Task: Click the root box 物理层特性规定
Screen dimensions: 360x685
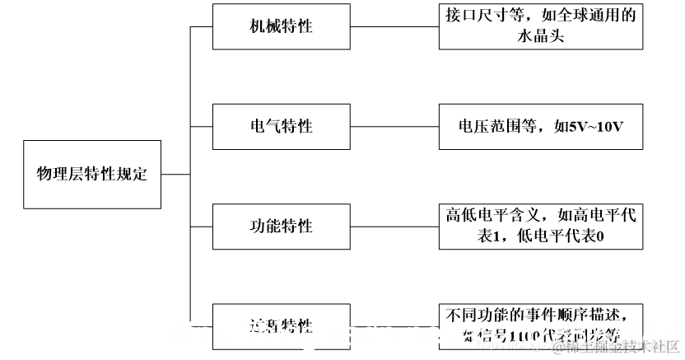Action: pos(92,174)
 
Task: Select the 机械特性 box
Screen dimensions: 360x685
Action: pos(281,26)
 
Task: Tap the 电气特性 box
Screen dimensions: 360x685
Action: pos(281,126)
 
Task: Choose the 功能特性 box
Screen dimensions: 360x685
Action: pos(281,226)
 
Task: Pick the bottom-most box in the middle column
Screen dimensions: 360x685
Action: pos(281,325)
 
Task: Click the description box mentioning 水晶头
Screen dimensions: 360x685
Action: pos(540,26)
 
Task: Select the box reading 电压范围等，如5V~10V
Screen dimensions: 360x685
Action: pos(540,126)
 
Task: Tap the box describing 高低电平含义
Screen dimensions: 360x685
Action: pos(540,226)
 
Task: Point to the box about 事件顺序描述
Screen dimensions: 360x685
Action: pos(540,325)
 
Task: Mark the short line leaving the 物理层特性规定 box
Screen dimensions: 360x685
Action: pos(175,174)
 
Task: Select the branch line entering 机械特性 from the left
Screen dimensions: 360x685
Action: pos(202,26)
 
